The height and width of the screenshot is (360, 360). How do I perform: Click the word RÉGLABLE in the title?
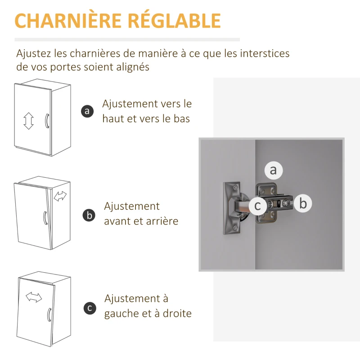tap(176, 21)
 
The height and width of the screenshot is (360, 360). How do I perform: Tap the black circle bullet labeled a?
tap(88, 111)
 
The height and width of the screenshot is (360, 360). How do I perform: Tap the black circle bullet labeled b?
tap(89, 215)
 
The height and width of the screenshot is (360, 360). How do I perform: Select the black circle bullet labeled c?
tap(90, 308)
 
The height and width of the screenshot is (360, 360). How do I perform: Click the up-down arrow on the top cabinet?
tap(29, 121)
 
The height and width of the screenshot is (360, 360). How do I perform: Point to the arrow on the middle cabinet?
tap(60, 196)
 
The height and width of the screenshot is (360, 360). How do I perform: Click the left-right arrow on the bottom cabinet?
tap(34, 297)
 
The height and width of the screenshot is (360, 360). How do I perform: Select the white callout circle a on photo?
tap(273, 170)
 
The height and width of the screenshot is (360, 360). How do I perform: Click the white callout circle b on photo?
tap(303, 203)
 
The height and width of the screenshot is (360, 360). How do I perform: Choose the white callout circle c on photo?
tap(258, 205)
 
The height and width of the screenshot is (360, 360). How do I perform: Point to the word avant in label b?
tap(118, 221)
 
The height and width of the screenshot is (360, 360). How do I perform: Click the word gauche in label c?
tap(122, 313)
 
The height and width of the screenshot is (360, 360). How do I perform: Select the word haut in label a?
tap(113, 119)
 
